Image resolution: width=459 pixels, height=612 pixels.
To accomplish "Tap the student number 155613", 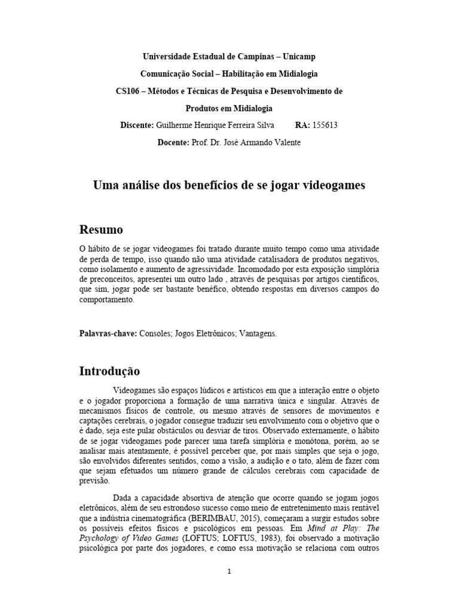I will coord(333,126).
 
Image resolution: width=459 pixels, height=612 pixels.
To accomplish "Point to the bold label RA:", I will coord(304,126).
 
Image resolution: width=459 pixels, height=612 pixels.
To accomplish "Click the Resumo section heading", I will coord(102,229).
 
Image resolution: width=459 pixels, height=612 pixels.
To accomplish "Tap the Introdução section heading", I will coord(110,371).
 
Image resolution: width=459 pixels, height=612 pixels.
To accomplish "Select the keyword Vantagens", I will coord(258,333).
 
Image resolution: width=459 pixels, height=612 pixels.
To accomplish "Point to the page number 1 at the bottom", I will coord(229,571).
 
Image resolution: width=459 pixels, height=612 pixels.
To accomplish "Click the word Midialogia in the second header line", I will coord(293,74).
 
